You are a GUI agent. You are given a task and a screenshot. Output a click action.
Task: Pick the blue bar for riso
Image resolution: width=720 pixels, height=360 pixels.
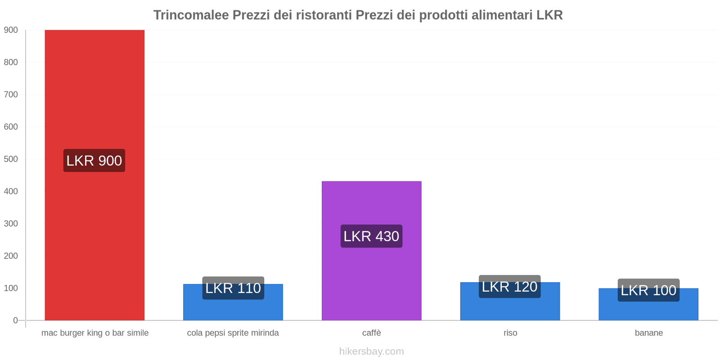(x=510, y=309)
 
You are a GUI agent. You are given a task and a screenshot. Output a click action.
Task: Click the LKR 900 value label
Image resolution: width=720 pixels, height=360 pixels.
(x=94, y=161)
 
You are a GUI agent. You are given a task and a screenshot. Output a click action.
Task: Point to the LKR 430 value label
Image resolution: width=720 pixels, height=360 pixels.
(x=371, y=236)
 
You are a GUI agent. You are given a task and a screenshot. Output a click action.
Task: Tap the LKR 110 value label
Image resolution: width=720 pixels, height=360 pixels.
(x=233, y=288)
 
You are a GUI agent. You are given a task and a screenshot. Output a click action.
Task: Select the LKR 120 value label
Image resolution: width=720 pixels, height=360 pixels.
(x=510, y=287)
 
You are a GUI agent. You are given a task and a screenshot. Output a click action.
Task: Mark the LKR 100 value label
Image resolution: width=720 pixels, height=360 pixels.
(x=648, y=290)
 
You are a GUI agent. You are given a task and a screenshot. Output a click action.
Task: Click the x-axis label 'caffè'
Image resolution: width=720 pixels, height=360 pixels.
(x=371, y=333)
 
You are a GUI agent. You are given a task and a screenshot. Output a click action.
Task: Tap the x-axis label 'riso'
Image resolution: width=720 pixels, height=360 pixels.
(x=510, y=333)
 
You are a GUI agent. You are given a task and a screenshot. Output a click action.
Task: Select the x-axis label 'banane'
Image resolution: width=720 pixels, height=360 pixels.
(x=648, y=333)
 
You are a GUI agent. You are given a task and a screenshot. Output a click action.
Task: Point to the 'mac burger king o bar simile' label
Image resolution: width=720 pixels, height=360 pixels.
(x=95, y=333)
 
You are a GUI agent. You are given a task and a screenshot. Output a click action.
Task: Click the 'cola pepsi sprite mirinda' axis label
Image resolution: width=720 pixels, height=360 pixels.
(x=233, y=333)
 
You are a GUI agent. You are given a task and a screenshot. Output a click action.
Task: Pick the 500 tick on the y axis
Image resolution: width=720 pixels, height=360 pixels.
(x=11, y=159)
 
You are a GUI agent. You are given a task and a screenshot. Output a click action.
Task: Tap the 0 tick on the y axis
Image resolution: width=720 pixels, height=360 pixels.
(x=15, y=320)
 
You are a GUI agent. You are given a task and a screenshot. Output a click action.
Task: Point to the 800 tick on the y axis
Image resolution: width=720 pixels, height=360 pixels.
(x=11, y=63)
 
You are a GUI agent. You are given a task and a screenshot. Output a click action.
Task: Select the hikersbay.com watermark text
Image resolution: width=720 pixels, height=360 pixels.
(x=371, y=351)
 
